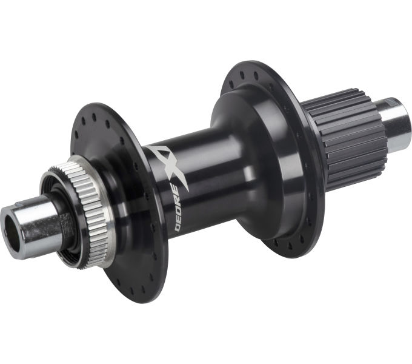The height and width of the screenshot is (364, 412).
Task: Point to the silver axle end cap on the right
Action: click(x=397, y=124)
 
